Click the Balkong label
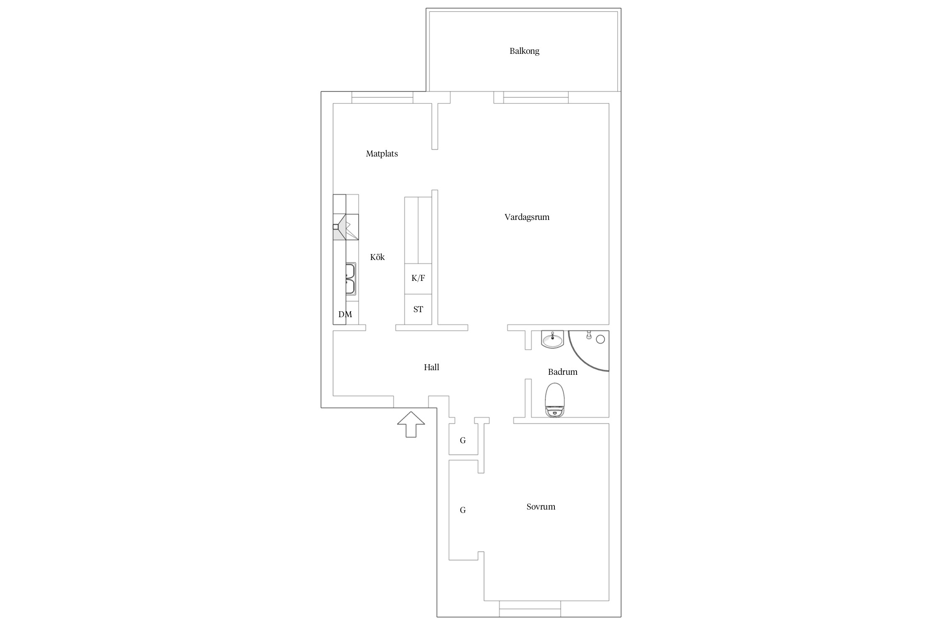tap(524, 51)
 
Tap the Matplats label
tap(382, 154)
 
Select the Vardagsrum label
tap(527, 217)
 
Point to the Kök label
tap(377, 257)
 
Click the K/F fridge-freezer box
tap(418, 279)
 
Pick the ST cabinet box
tap(418, 309)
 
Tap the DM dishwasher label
tap(345, 315)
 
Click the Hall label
tap(432, 367)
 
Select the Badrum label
tap(563, 372)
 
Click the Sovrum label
tap(541, 507)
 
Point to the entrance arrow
tap(411, 424)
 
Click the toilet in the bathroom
tap(555, 400)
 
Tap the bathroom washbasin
tap(553, 339)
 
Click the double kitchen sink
tap(351, 279)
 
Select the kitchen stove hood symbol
tap(346, 227)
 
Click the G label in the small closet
tap(463, 440)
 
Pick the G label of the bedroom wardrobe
tap(463, 510)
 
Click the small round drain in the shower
tap(600, 339)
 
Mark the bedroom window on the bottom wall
tap(530, 609)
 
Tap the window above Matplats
tap(382, 98)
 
